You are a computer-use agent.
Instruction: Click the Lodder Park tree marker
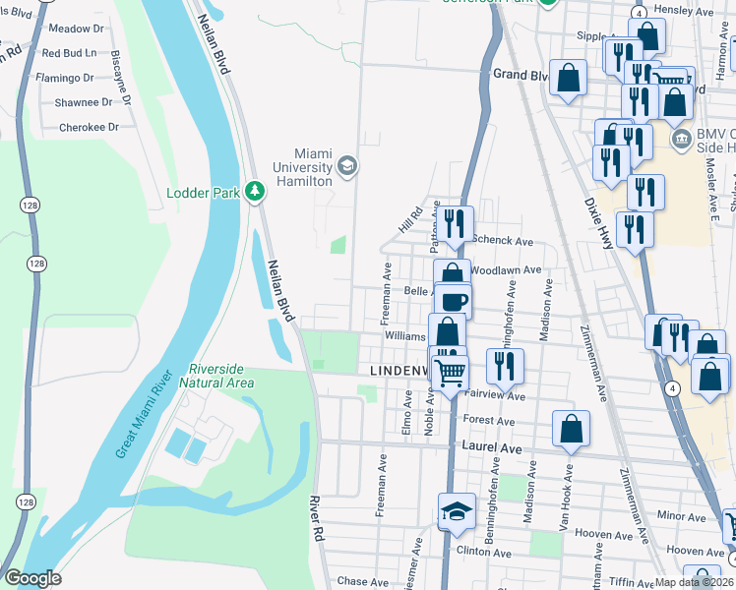click(x=256, y=191)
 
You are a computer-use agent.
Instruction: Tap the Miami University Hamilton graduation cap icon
click(x=346, y=165)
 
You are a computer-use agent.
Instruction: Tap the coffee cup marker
click(x=453, y=301)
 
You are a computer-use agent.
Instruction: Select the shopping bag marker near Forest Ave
click(x=571, y=428)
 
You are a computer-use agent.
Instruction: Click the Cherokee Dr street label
click(x=89, y=127)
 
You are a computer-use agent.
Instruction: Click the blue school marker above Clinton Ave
click(x=457, y=510)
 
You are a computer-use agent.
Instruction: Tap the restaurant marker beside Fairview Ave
click(x=505, y=365)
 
